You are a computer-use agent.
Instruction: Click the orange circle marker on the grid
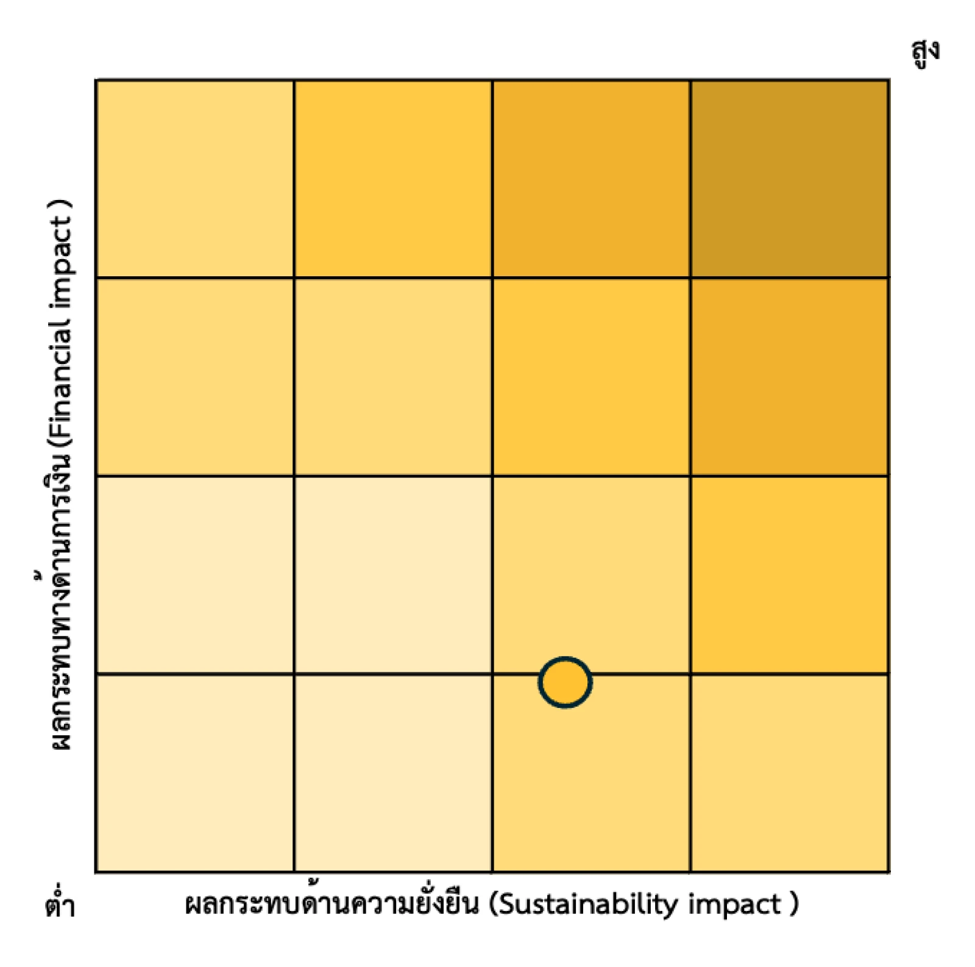pyautogui.click(x=565, y=682)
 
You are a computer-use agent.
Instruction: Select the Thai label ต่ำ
pyautogui.click(x=59, y=904)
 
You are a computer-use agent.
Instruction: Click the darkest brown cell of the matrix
pyautogui.click(x=789, y=179)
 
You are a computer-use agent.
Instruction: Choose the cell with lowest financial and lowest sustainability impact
pyautogui.click(x=195, y=773)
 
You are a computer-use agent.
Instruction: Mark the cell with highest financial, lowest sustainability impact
pyautogui.click(x=195, y=179)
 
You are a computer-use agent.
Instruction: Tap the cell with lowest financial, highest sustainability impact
pyautogui.click(x=789, y=773)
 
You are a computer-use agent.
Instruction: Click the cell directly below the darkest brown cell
pyautogui.click(x=789, y=377)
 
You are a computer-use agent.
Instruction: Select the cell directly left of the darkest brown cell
pyautogui.click(x=591, y=179)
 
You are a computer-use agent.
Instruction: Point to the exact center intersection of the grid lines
pyautogui.click(x=492, y=476)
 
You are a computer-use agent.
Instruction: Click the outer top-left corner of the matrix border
pyautogui.click(x=96, y=79)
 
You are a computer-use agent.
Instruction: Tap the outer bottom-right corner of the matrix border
pyautogui.click(x=889, y=872)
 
